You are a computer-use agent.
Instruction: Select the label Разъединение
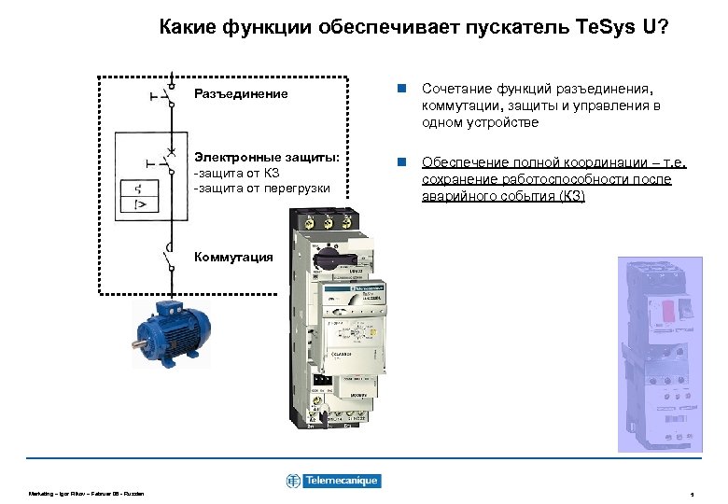pos(240,94)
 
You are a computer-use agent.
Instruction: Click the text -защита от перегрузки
pos(260,189)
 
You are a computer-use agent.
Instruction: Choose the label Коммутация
pos(232,258)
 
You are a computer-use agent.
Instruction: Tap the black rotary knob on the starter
pos(331,253)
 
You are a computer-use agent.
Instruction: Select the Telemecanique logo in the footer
pos(333,481)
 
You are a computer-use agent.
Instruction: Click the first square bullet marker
pos(399,89)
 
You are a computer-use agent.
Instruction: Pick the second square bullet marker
pos(399,162)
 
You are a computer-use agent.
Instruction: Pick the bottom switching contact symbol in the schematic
pos(169,257)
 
